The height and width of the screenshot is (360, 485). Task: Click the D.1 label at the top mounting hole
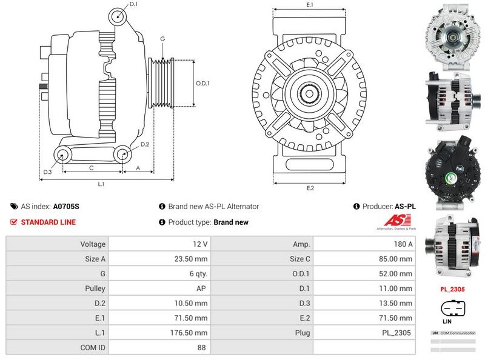[133, 5]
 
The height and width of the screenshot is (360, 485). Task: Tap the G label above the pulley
[162, 39]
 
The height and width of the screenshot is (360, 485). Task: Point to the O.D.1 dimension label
[202, 83]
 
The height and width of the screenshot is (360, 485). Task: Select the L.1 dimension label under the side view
[101, 183]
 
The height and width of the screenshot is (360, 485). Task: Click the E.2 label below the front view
[310, 187]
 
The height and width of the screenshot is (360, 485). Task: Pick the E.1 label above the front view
[310, 5]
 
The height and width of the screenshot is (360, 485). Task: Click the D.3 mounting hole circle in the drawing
[62, 155]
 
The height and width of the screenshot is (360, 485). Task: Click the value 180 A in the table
[402, 244]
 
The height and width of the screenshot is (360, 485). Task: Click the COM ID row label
[93, 348]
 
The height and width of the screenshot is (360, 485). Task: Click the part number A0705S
[66, 207]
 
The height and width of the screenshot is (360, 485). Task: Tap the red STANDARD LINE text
[48, 222]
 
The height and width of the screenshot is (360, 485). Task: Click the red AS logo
[393, 221]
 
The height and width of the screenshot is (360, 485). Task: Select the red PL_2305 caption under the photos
[452, 290]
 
